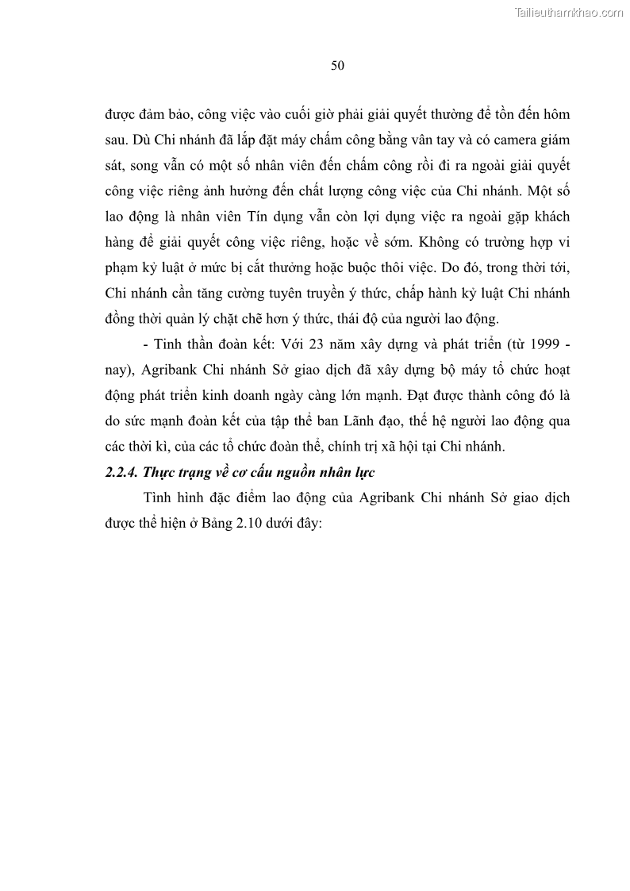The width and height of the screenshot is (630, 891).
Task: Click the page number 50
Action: click(337, 66)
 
